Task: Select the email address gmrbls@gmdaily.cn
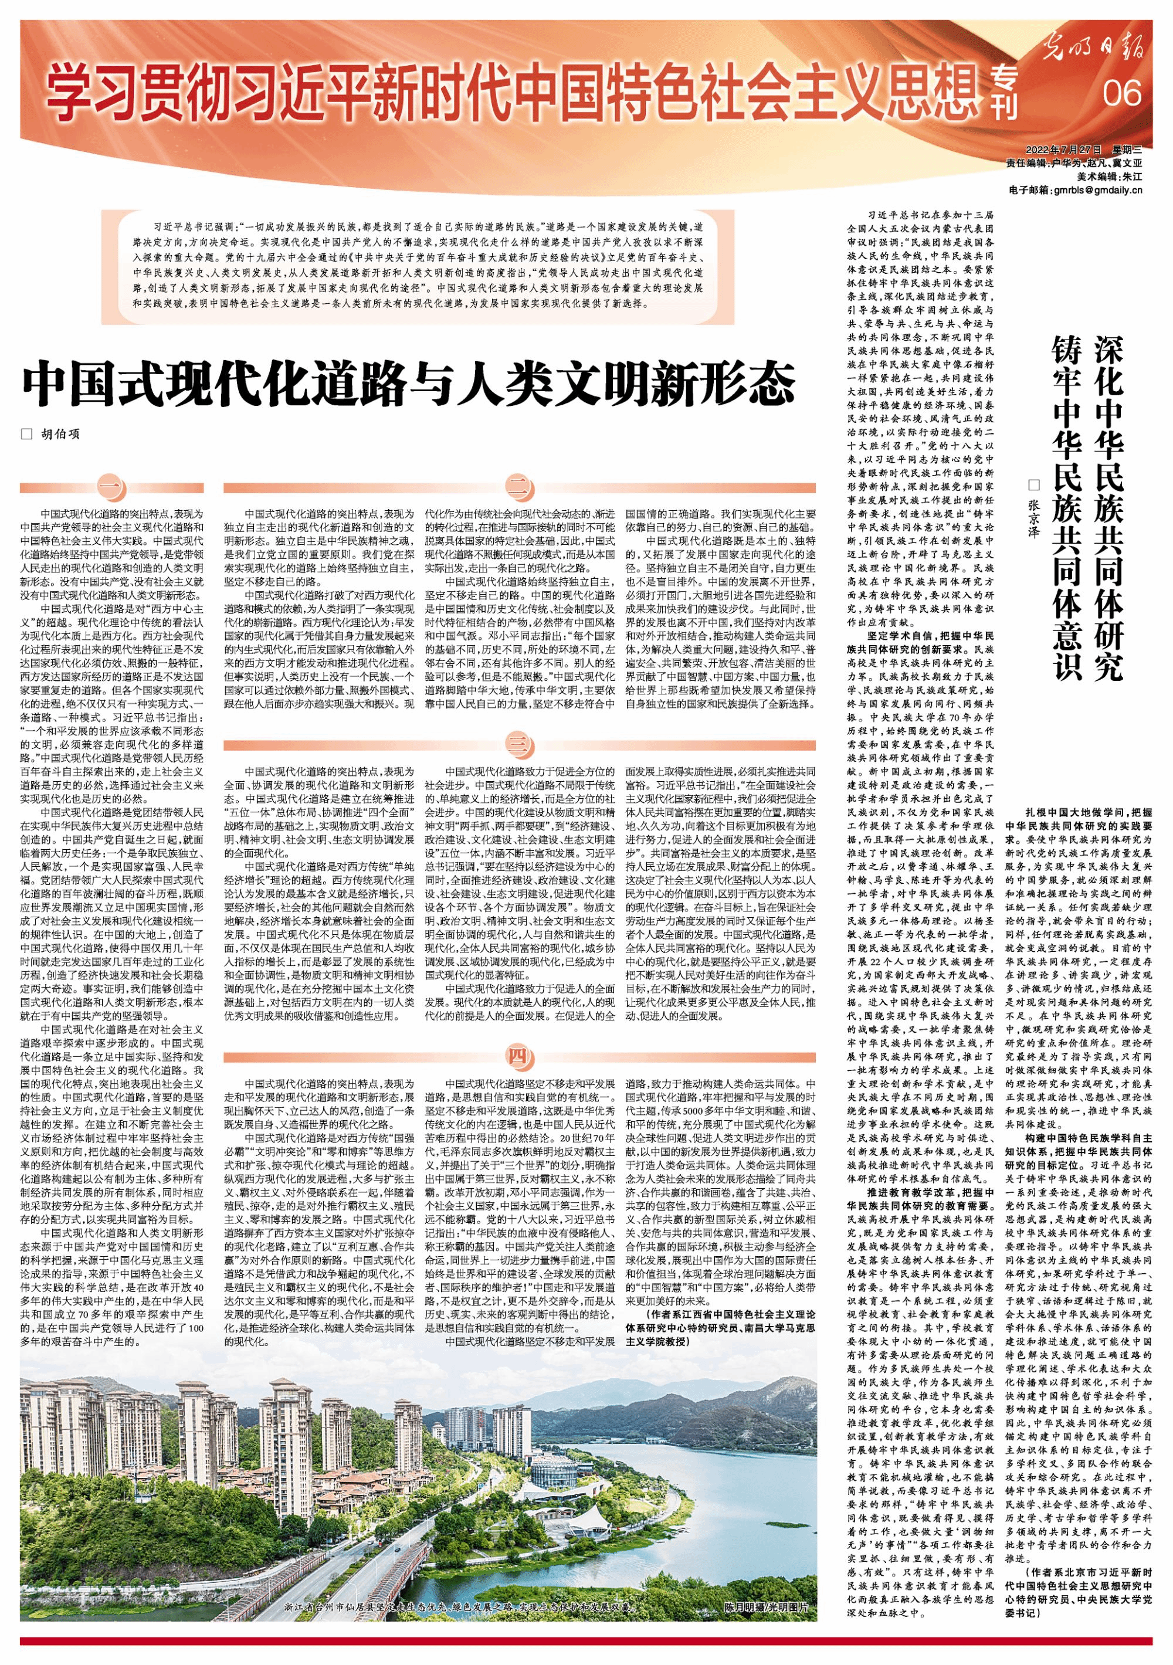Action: pyautogui.click(x=1096, y=191)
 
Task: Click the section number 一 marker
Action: pyautogui.click(x=111, y=487)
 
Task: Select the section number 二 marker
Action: pyautogui.click(x=518, y=487)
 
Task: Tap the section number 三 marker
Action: pyautogui.click(x=518, y=744)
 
